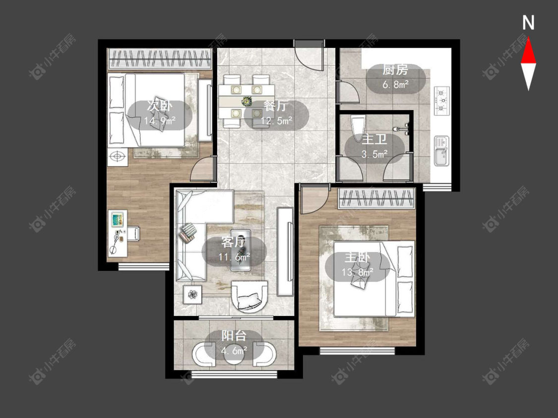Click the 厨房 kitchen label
click(x=395, y=70)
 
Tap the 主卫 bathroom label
click(x=374, y=139)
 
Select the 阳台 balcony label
click(x=234, y=335)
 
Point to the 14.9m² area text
click(x=160, y=121)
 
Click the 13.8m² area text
click(x=357, y=272)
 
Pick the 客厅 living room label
click(x=234, y=242)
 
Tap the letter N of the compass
click(x=528, y=23)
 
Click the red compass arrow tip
click(x=528, y=38)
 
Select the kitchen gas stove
click(x=441, y=101)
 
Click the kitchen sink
click(x=441, y=151)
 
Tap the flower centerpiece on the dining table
click(x=246, y=102)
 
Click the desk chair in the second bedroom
click(x=133, y=234)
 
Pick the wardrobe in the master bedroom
click(x=376, y=198)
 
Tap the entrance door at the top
click(x=309, y=54)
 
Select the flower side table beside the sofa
click(x=192, y=294)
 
